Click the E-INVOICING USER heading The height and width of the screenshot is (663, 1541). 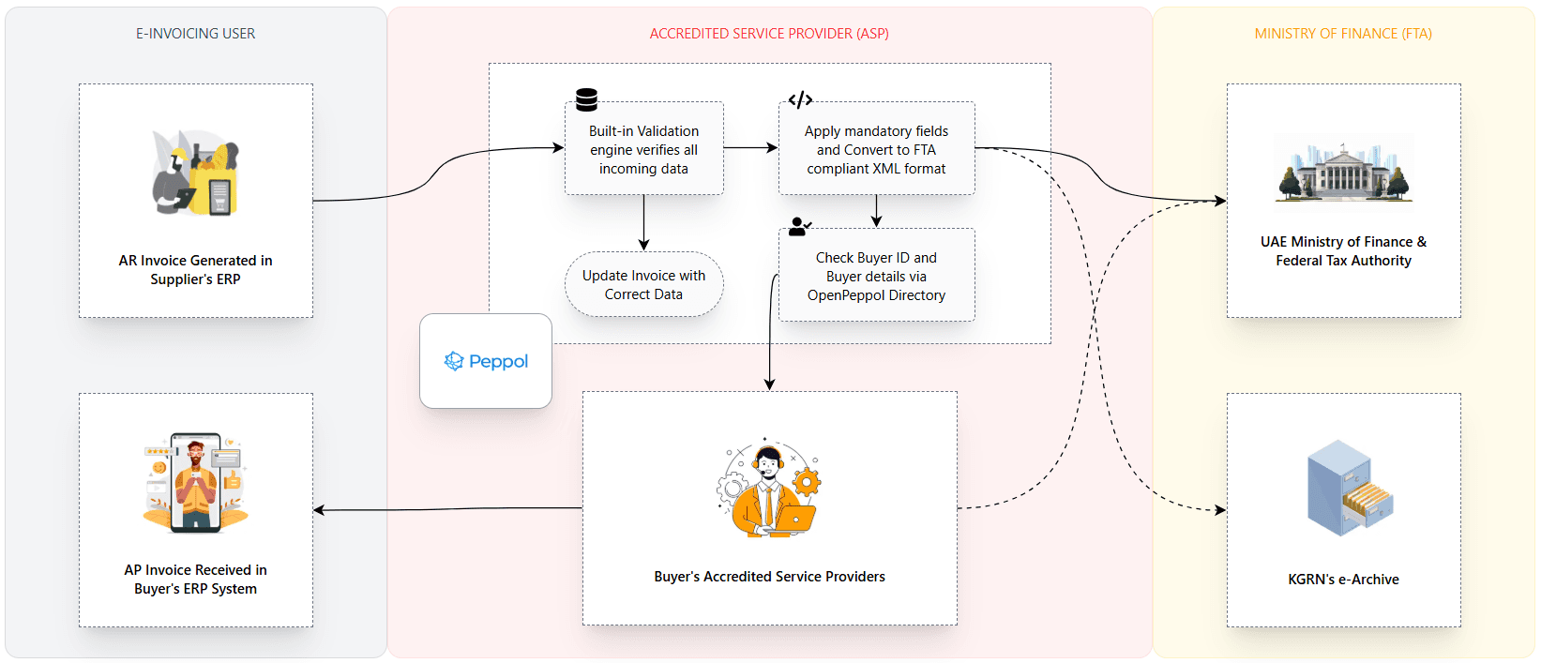click(195, 34)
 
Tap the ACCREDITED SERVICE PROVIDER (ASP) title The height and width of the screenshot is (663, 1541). click(769, 34)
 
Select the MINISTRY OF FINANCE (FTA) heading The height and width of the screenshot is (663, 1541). click(1343, 34)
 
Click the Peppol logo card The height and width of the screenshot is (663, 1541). click(486, 361)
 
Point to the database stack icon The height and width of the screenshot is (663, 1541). click(587, 99)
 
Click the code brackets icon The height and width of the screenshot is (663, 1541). click(800, 99)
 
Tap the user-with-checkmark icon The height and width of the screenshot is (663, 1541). click(799, 226)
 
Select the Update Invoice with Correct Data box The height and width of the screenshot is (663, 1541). click(643, 284)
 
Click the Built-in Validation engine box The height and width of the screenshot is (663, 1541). click(643, 149)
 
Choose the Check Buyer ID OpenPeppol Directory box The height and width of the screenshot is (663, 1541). click(876, 276)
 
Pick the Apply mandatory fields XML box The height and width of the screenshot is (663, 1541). click(876, 149)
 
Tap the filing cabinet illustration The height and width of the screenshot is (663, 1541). click(1349, 488)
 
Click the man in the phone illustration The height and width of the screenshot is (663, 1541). click(195, 482)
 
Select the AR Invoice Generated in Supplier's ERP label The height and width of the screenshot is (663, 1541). click(195, 270)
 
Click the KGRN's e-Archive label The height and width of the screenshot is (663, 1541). click(1343, 580)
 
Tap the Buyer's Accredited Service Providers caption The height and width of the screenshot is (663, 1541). click(769, 577)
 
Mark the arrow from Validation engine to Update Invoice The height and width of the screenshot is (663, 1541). click(643, 222)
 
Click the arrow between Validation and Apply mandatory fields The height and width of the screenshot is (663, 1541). click(750, 147)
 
